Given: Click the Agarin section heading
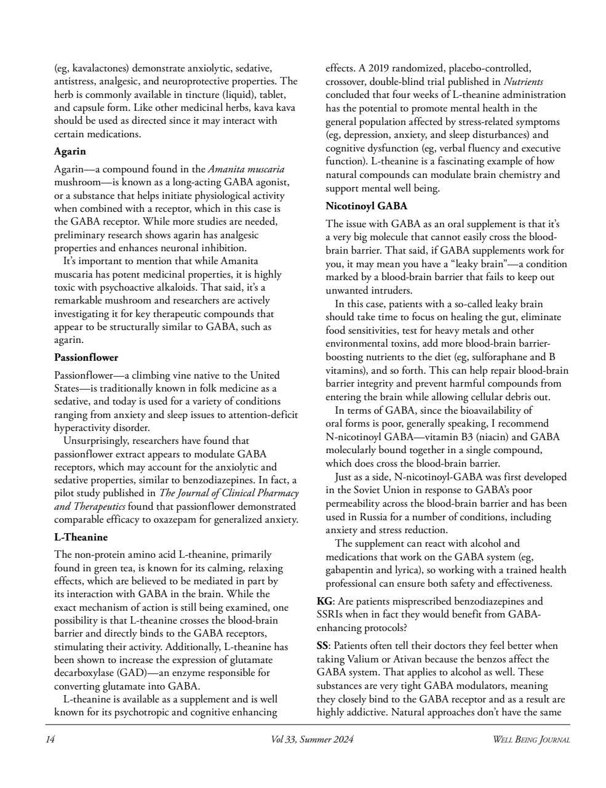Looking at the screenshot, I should point(70,151).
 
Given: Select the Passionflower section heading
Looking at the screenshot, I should point(86,357).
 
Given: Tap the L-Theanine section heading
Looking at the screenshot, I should point(81,537).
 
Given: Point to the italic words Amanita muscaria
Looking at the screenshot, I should point(246,169).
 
